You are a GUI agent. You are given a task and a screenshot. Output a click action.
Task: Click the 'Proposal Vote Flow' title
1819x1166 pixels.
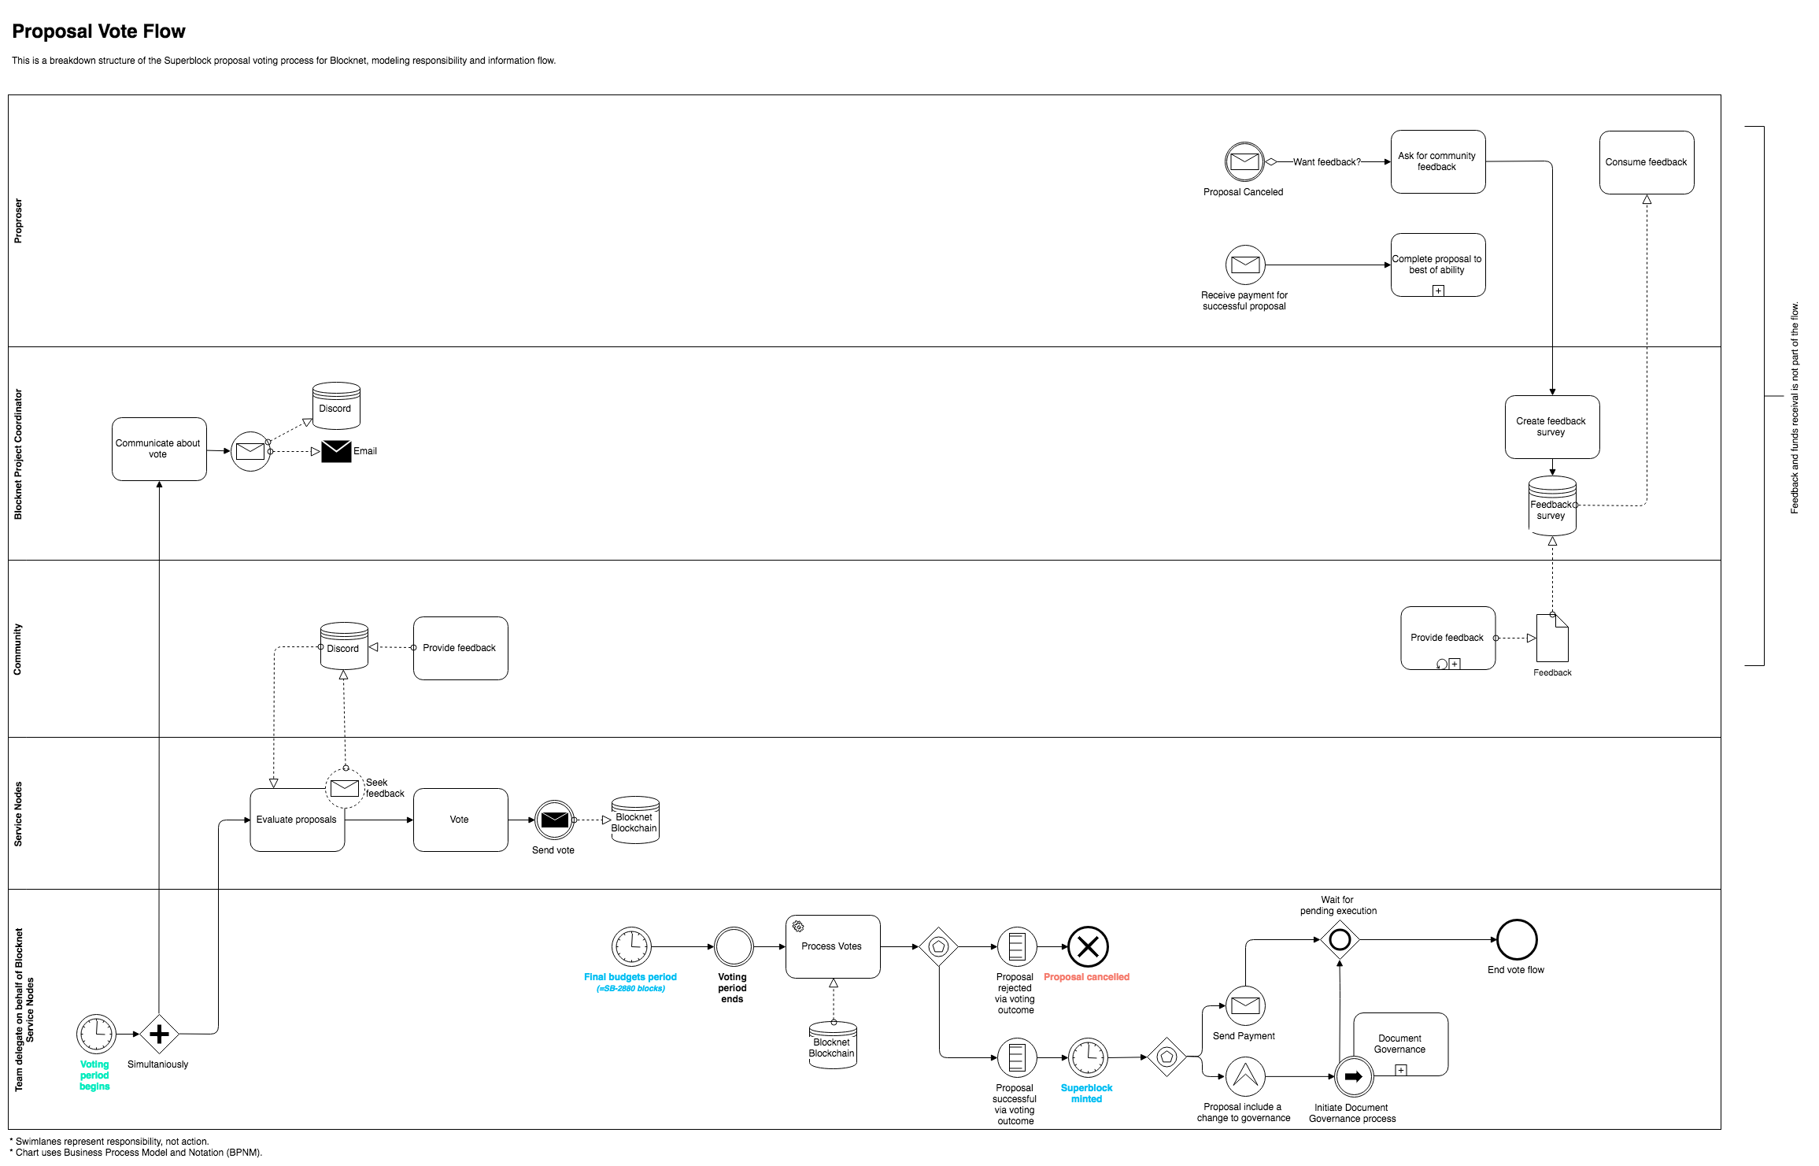pyautogui.click(x=98, y=31)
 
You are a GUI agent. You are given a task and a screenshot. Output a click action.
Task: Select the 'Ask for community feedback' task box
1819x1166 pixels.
pyautogui.click(x=1437, y=161)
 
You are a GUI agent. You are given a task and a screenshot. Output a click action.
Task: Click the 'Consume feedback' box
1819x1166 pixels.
pyautogui.click(x=1646, y=162)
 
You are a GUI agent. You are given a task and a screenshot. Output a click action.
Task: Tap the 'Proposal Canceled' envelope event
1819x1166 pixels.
pyautogui.click(x=1244, y=162)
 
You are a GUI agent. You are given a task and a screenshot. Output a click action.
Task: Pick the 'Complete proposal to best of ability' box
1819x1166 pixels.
pyautogui.click(x=1437, y=265)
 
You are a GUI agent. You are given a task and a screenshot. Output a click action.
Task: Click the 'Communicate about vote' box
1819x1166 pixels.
pyautogui.click(x=159, y=449)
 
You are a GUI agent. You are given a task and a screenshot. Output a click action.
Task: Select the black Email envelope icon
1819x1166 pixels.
pyautogui.click(x=336, y=451)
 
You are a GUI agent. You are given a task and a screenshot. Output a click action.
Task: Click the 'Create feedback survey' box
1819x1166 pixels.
pyautogui.click(x=1551, y=427)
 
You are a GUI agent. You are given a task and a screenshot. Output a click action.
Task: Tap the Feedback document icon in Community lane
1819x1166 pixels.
pyautogui.click(x=1552, y=639)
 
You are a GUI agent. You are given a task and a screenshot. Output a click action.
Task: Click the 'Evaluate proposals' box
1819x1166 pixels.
pyautogui.click(x=297, y=820)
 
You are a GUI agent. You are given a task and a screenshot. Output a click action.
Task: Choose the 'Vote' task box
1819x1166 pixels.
pyautogui.click(x=460, y=820)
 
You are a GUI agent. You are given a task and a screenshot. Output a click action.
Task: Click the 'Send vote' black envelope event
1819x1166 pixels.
pyautogui.click(x=554, y=820)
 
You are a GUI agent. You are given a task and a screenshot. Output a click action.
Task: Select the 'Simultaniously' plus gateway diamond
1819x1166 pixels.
pyautogui.click(x=159, y=1034)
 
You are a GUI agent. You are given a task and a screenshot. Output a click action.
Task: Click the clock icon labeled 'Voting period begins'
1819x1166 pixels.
pyautogui.click(x=96, y=1034)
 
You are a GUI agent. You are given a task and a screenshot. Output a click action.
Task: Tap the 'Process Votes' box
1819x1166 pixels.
pyautogui.click(x=832, y=946)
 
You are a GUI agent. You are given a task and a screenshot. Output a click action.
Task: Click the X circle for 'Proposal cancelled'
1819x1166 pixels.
pyautogui.click(x=1087, y=946)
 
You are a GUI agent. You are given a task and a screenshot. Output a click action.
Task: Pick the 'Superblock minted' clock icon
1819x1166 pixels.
pyautogui.click(x=1087, y=1057)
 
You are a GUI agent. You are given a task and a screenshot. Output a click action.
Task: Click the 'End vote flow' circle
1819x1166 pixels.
pyautogui.click(x=1516, y=939)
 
